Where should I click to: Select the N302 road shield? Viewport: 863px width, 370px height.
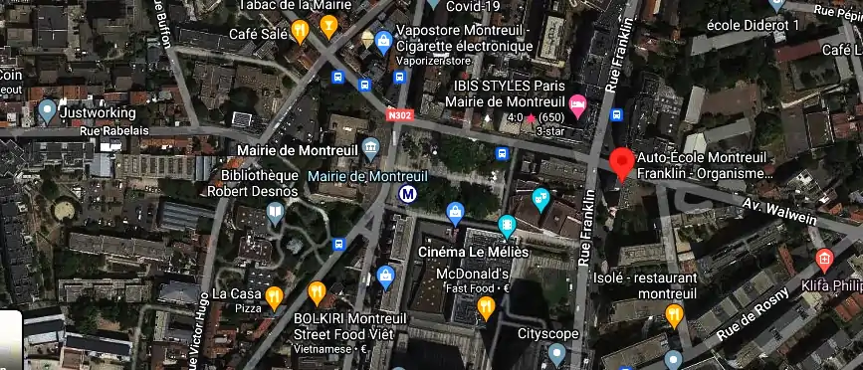tap(400, 115)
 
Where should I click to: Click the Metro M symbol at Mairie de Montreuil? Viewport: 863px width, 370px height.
tap(407, 194)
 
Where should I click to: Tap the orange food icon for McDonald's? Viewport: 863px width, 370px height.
tap(486, 307)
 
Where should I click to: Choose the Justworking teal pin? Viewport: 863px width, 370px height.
tap(47, 110)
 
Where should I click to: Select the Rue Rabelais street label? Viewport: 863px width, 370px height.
tap(113, 131)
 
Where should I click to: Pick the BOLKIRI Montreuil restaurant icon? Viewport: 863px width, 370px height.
tap(317, 292)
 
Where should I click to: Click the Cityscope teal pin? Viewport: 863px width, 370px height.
tap(556, 353)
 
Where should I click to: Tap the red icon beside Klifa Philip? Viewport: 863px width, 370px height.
tap(823, 261)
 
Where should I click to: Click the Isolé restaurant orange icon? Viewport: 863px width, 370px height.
tap(674, 316)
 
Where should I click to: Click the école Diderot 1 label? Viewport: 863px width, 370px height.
tap(753, 25)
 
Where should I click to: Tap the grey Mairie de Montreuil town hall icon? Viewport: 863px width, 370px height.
tap(371, 150)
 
